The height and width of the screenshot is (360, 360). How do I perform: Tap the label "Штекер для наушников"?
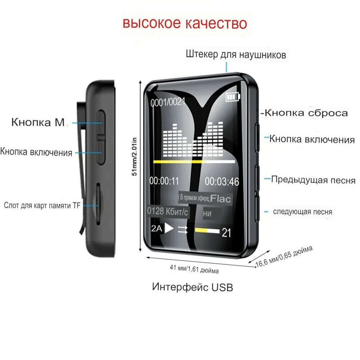pyautogui.click(x=236, y=55)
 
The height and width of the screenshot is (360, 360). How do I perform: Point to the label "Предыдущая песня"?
pyautogui.click(x=313, y=180)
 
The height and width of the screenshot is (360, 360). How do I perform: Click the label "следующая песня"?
pyautogui.click(x=302, y=212)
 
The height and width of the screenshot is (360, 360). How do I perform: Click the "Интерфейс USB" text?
pyautogui.click(x=193, y=287)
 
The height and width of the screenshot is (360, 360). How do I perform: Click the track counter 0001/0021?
pyautogui.click(x=168, y=102)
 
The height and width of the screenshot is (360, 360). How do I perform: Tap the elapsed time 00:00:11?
pyautogui.click(x=164, y=181)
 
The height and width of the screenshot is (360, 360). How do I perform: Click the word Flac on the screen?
pyautogui.click(x=221, y=198)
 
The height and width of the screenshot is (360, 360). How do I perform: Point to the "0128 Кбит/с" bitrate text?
pyautogui.click(x=167, y=212)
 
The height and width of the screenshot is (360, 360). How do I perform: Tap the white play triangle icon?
pyautogui.click(x=169, y=229)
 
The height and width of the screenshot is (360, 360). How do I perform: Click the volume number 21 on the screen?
pyautogui.click(x=226, y=233)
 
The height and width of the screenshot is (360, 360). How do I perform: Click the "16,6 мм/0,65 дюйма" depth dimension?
pyautogui.click(x=284, y=256)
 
